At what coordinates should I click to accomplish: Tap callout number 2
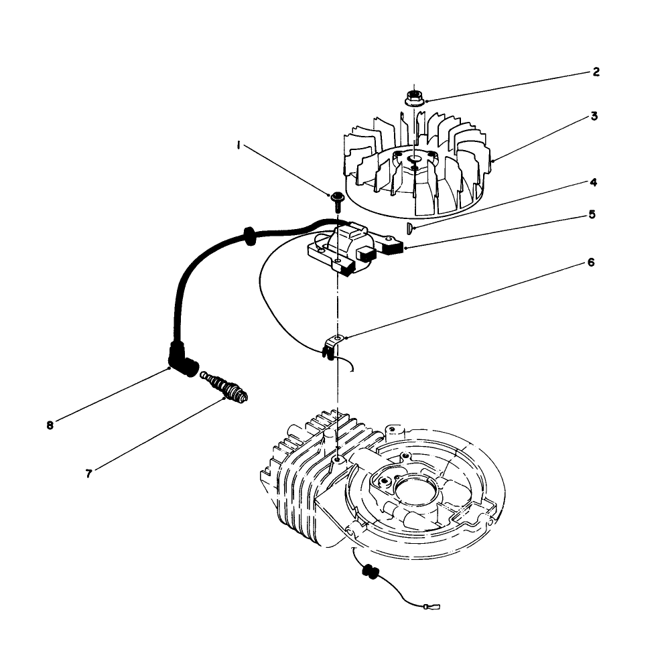point(596,72)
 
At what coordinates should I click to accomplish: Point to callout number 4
point(594,182)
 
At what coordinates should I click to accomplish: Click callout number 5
point(592,214)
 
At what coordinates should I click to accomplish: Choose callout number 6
point(590,262)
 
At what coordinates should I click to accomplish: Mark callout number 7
point(88,473)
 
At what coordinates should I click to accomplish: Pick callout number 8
point(50,425)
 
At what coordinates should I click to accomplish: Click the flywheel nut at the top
point(413,98)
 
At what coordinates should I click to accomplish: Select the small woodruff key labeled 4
point(409,229)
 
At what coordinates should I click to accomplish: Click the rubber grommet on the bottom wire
point(368,574)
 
